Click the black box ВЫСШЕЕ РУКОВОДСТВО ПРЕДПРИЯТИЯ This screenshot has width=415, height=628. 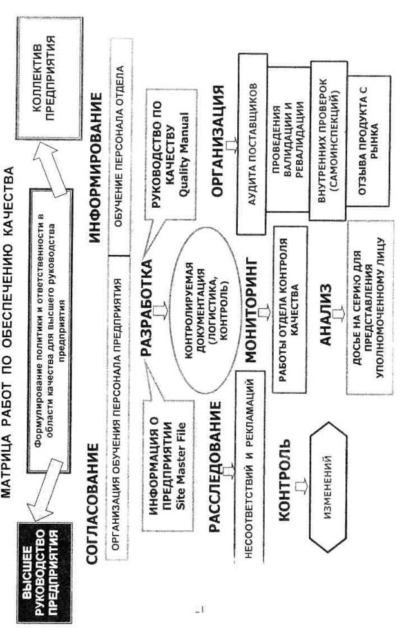coord(40,560)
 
